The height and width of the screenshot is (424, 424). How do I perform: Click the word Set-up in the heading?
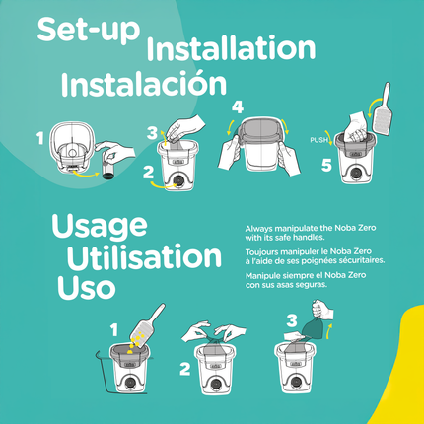click(x=86, y=29)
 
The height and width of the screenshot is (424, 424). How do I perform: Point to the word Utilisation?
click(x=143, y=257)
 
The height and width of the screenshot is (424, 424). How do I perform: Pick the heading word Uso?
click(x=83, y=289)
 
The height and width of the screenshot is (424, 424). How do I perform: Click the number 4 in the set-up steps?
click(x=237, y=106)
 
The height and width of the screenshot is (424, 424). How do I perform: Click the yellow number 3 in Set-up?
click(x=151, y=132)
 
